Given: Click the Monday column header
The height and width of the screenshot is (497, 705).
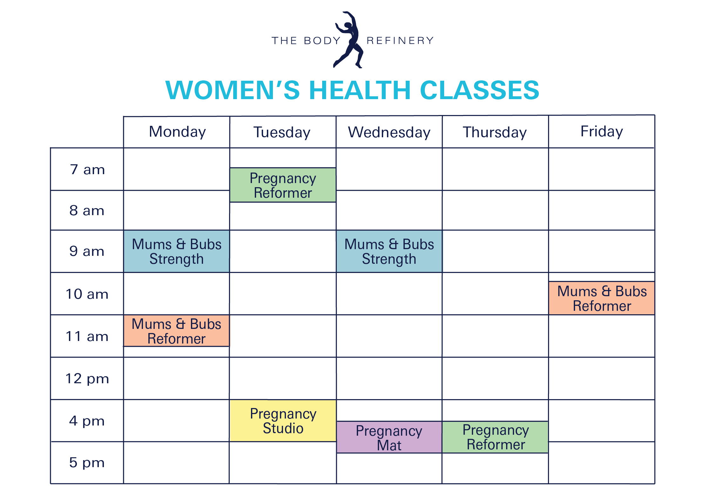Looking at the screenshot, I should tap(177, 132).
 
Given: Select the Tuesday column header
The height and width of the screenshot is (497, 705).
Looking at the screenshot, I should tap(282, 133).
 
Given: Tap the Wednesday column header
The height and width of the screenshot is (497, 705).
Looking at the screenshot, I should tap(389, 133).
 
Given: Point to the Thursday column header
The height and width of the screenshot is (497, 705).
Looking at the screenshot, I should tap(495, 133).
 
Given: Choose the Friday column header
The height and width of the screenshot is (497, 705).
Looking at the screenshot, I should tap(602, 132).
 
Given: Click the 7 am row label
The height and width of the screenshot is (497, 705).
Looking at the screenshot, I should tap(87, 170).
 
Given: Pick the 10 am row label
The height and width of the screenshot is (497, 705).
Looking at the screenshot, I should tap(87, 294).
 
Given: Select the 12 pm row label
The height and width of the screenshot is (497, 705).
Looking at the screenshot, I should tap(87, 379).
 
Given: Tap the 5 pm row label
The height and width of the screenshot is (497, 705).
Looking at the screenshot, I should tap(87, 463).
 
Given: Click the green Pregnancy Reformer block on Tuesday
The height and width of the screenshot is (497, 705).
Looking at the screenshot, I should tap(283, 185).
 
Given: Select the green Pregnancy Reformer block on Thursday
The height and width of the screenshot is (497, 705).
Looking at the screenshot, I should tap(495, 437).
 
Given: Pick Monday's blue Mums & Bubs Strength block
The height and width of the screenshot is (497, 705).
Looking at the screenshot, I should tap(177, 251).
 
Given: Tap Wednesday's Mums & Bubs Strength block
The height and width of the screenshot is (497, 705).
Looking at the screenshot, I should tap(389, 251).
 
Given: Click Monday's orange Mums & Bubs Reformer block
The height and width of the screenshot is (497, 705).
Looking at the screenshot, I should tap(177, 331).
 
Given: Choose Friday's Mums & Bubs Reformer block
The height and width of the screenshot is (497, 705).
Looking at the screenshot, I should tap(602, 298).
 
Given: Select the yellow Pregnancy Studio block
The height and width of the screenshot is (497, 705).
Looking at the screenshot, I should tap(283, 421).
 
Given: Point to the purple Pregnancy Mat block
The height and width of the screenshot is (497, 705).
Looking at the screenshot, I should tap(389, 437).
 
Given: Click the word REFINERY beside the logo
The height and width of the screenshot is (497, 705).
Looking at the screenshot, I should tap(400, 41).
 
